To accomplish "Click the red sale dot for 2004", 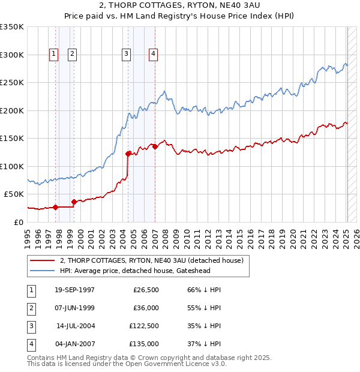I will [x=128, y=154].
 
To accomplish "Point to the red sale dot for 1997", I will [x=56, y=208].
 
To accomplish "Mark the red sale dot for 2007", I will [x=155, y=146].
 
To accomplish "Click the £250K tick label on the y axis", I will [x=12, y=82].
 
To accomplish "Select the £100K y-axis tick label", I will [x=12, y=166].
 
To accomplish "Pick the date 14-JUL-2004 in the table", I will [x=76, y=326].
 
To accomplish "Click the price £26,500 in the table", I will [x=146, y=290].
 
